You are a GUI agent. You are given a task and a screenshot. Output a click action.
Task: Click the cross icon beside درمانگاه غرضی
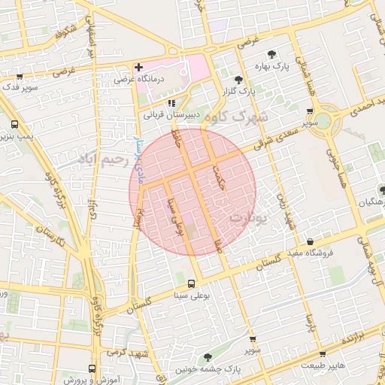tap(138, 68)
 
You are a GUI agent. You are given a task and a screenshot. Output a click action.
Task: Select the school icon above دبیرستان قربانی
tap(171, 103)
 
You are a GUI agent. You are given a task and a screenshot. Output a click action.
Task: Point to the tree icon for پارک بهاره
tap(271, 54)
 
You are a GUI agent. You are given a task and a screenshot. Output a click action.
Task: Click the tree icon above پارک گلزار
tap(238, 78)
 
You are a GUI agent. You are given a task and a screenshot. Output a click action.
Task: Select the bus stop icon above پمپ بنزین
tap(14, 125)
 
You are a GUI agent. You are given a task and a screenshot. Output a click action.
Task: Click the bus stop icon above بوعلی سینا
tap(191, 283)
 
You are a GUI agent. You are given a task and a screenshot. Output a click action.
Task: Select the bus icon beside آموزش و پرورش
tap(92, 368)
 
